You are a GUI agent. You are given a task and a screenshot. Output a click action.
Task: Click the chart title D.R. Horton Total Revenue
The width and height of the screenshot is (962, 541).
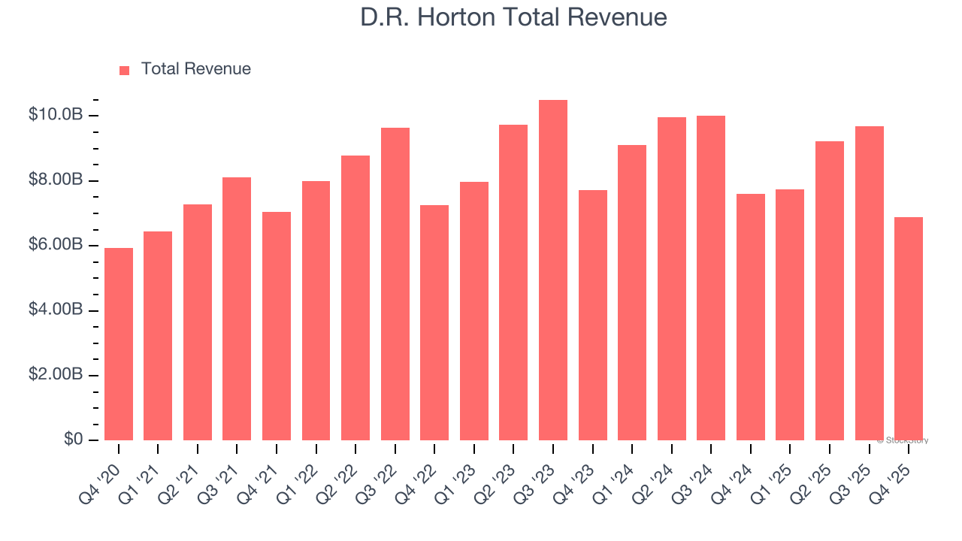tap(513, 17)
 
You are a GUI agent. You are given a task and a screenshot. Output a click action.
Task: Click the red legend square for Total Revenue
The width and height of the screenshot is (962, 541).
tap(125, 70)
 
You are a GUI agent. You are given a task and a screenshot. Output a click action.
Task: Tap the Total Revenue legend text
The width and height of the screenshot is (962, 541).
tap(195, 69)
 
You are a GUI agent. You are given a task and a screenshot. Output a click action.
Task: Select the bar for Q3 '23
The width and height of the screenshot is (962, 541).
tap(553, 270)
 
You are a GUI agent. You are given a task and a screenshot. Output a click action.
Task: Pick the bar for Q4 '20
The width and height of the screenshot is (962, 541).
tap(119, 344)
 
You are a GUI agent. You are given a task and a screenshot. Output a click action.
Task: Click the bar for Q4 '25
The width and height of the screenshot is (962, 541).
tap(909, 328)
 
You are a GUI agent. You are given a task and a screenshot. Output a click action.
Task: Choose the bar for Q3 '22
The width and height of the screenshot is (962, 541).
tap(395, 284)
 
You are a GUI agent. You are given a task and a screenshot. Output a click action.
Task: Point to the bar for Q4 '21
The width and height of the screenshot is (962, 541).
tap(277, 326)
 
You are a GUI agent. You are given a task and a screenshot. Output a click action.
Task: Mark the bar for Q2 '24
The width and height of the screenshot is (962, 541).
tap(671, 279)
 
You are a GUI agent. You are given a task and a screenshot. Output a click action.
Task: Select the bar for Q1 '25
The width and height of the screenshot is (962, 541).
tap(790, 315)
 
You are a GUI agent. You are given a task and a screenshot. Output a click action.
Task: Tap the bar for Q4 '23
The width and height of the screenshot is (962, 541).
tap(592, 316)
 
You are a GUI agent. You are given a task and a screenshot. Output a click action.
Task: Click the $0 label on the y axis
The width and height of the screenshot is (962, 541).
tap(72, 440)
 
